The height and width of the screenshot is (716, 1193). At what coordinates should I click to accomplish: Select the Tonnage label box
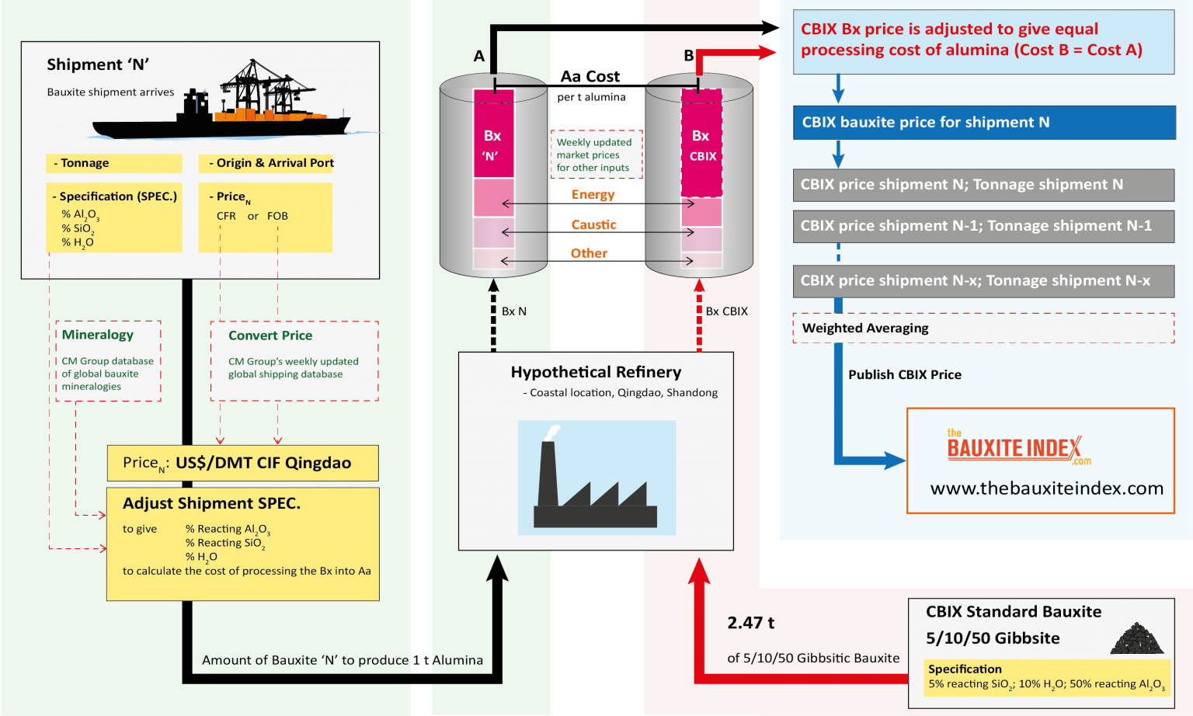[113, 163]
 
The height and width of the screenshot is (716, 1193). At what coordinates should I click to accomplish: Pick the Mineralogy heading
[98, 335]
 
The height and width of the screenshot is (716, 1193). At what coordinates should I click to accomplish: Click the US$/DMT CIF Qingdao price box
[242, 463]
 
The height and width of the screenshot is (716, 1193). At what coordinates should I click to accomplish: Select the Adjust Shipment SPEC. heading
[211, 503]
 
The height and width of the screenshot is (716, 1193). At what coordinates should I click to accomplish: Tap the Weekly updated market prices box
[596, 155]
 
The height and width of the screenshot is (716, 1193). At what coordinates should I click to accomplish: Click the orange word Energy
[593, 195]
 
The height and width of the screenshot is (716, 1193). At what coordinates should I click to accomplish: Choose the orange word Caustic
[593, 224]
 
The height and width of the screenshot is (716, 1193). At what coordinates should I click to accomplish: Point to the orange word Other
[589, 253]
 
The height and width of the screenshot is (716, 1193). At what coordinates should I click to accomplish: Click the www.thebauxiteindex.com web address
[1046, 488]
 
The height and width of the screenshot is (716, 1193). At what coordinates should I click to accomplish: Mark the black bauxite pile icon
[1137, 638]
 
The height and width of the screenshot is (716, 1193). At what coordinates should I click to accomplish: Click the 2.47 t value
[750, 623]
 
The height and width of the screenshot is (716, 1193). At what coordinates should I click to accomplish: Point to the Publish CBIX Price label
[904, 375]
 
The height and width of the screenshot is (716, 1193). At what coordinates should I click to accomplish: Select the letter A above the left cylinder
[479, 56]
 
